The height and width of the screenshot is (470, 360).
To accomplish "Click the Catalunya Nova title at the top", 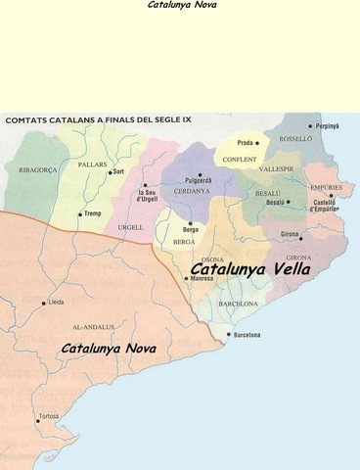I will click(x=179, y=5).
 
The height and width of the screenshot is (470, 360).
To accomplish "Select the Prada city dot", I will click(x=257, y=143).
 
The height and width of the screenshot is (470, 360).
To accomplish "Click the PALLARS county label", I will click(x=93, y=164).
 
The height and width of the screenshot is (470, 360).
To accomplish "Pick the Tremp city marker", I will click(x=80, y=213).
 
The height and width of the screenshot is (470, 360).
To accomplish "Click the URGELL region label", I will click(x=130, y=227).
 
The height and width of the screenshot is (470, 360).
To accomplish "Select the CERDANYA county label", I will click(x=192, y=191).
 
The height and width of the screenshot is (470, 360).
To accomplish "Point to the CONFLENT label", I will click(x=240, y=159).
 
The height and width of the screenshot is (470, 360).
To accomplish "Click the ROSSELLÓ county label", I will click(x=295, y=139).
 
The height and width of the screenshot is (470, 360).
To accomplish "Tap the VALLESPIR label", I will click(x=277, y=168).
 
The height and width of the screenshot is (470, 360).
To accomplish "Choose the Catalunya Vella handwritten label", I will click(x=250, y=267).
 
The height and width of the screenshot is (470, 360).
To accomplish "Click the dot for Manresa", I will click(x=186, y=279).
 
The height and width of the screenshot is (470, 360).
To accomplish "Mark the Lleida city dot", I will click(x=43, y=303).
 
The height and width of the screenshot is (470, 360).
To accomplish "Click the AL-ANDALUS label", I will click(x=93, y=326).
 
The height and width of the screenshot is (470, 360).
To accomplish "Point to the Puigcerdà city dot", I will click(x=200, y=174).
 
